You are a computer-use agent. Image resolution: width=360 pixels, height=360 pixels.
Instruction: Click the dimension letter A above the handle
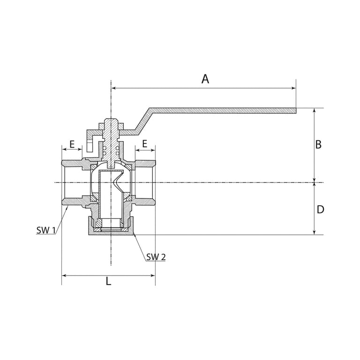(205, 79)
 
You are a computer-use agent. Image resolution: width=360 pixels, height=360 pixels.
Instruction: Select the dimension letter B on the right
(318, 145)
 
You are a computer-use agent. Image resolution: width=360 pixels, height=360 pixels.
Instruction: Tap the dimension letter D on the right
(320, 210)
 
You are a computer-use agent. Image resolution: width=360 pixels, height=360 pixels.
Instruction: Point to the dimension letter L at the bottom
(108, 281)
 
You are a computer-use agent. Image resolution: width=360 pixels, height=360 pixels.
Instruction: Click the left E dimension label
(72, 144)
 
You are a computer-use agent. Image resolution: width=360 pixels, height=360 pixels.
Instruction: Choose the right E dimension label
(144, 144)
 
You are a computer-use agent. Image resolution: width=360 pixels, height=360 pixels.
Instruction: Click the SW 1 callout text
(46, 230)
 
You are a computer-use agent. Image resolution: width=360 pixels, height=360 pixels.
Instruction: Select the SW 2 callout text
(156, 257)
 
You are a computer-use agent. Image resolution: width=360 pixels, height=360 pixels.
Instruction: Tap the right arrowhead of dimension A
(293, 88)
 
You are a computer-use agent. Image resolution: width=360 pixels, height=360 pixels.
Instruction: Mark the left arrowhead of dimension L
(64, 275)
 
